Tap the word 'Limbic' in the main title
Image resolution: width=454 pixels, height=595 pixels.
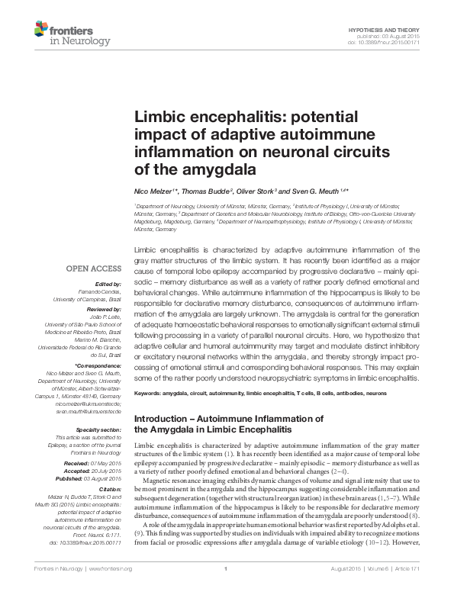point(163,119)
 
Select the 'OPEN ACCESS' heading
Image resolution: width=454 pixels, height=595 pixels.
point(93,269)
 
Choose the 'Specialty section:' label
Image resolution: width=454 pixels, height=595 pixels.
point(98,429)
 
